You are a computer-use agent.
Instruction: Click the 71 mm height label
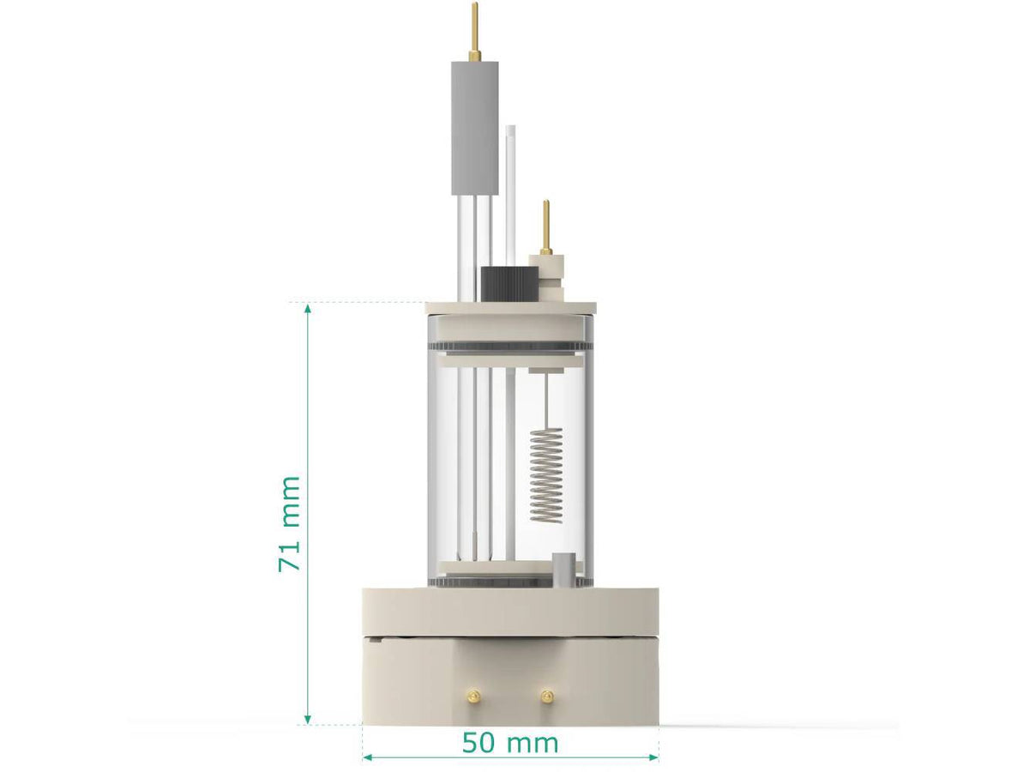(x=290, y=523)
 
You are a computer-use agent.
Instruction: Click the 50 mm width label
(x=509, y=743)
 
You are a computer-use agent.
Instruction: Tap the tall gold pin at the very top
(x=474, y=31)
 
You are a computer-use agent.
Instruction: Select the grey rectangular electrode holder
(x=474, y=127)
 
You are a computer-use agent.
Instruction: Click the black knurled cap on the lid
(x=509, y=284)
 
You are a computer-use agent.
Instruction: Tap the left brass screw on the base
(x=471, y=696)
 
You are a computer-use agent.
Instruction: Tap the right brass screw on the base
(x=547, y=696)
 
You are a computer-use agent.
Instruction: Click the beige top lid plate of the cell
(x=509, y=307)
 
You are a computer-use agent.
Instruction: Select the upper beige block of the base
(x=509, y=611)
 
